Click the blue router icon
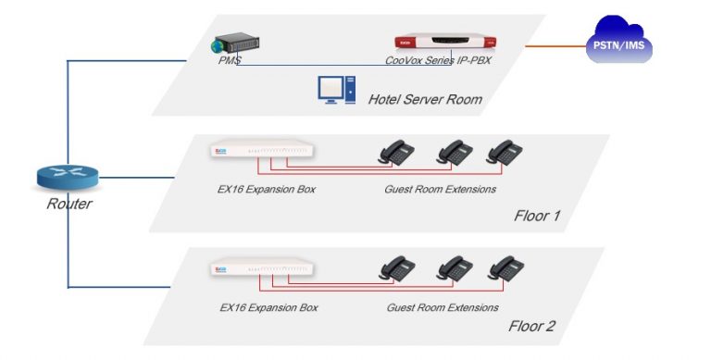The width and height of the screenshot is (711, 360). (x=68, y=179)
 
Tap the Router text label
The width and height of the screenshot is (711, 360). (x=69, y=205)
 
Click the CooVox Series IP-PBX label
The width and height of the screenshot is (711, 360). (x=441, y=62)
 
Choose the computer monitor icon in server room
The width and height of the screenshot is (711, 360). (x=336, y=90)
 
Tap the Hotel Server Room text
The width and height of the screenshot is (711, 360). (x=425, y=99)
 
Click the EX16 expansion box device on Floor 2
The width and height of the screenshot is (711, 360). (x=260, y=268)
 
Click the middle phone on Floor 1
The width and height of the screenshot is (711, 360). (x=454, y=151)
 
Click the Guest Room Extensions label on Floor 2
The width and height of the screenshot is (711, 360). (x=442, y=307)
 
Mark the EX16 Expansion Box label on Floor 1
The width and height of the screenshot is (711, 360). (x=260, y=190)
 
